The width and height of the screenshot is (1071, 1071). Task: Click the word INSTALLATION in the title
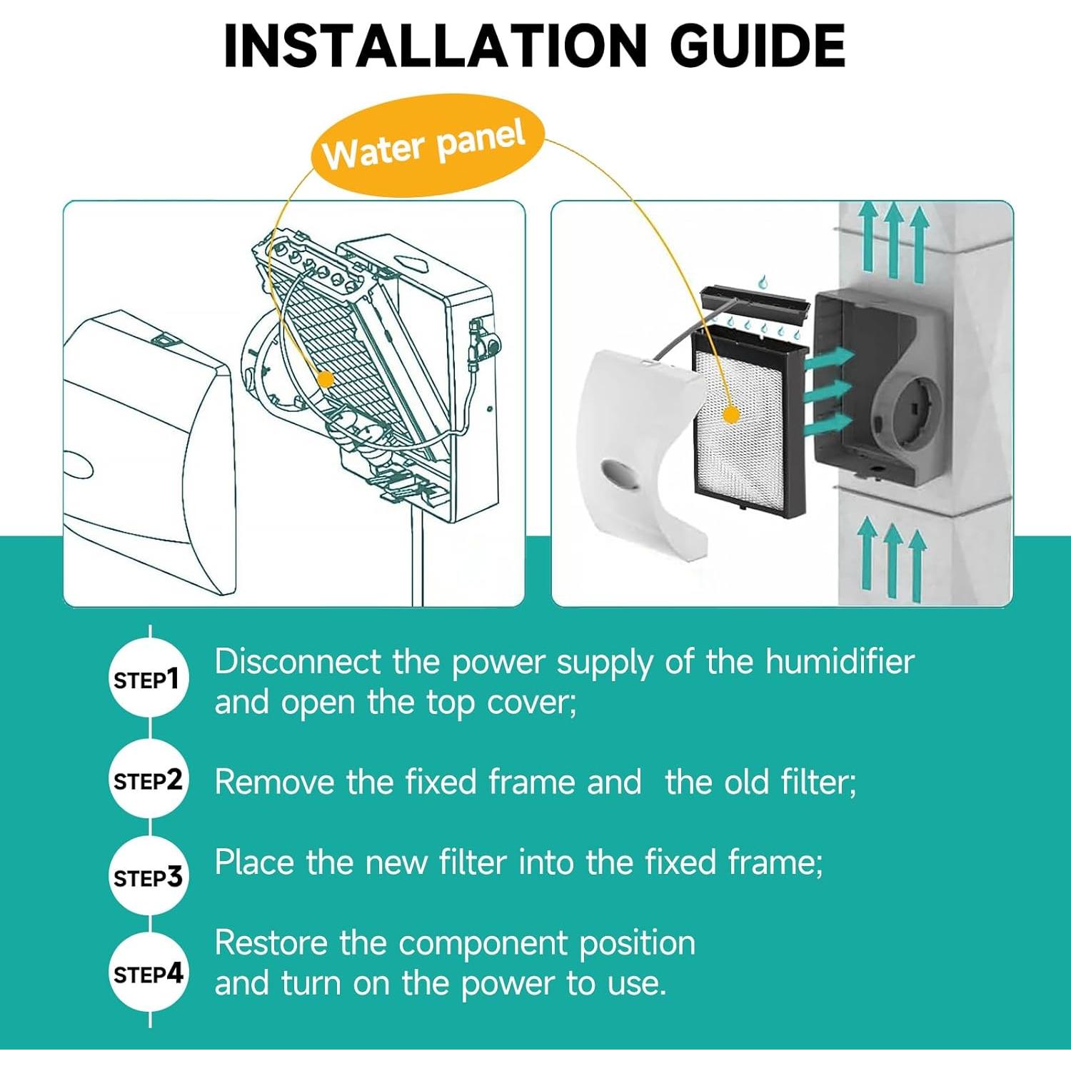[x=435, y=46]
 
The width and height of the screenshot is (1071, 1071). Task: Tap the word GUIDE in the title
[x=758, y=46]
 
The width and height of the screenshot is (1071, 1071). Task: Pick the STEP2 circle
[x=149, y=779]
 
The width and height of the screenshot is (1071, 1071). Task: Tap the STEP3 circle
[x=149, y=877]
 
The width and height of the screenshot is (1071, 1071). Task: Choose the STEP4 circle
[x=149, y=972]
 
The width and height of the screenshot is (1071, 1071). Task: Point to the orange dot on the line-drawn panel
[x=325, y=379]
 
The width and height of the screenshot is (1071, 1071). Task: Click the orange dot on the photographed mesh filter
[x=730, y=414]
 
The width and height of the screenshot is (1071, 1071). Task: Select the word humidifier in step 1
[x=840, y=662]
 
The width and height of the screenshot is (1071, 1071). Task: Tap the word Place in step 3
[x=254, y=863]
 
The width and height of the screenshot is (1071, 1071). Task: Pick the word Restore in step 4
[x=271, y=943]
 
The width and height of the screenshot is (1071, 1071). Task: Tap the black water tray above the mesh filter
[x=755, y=303]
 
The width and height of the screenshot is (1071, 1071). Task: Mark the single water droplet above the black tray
[x=763, y=281]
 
